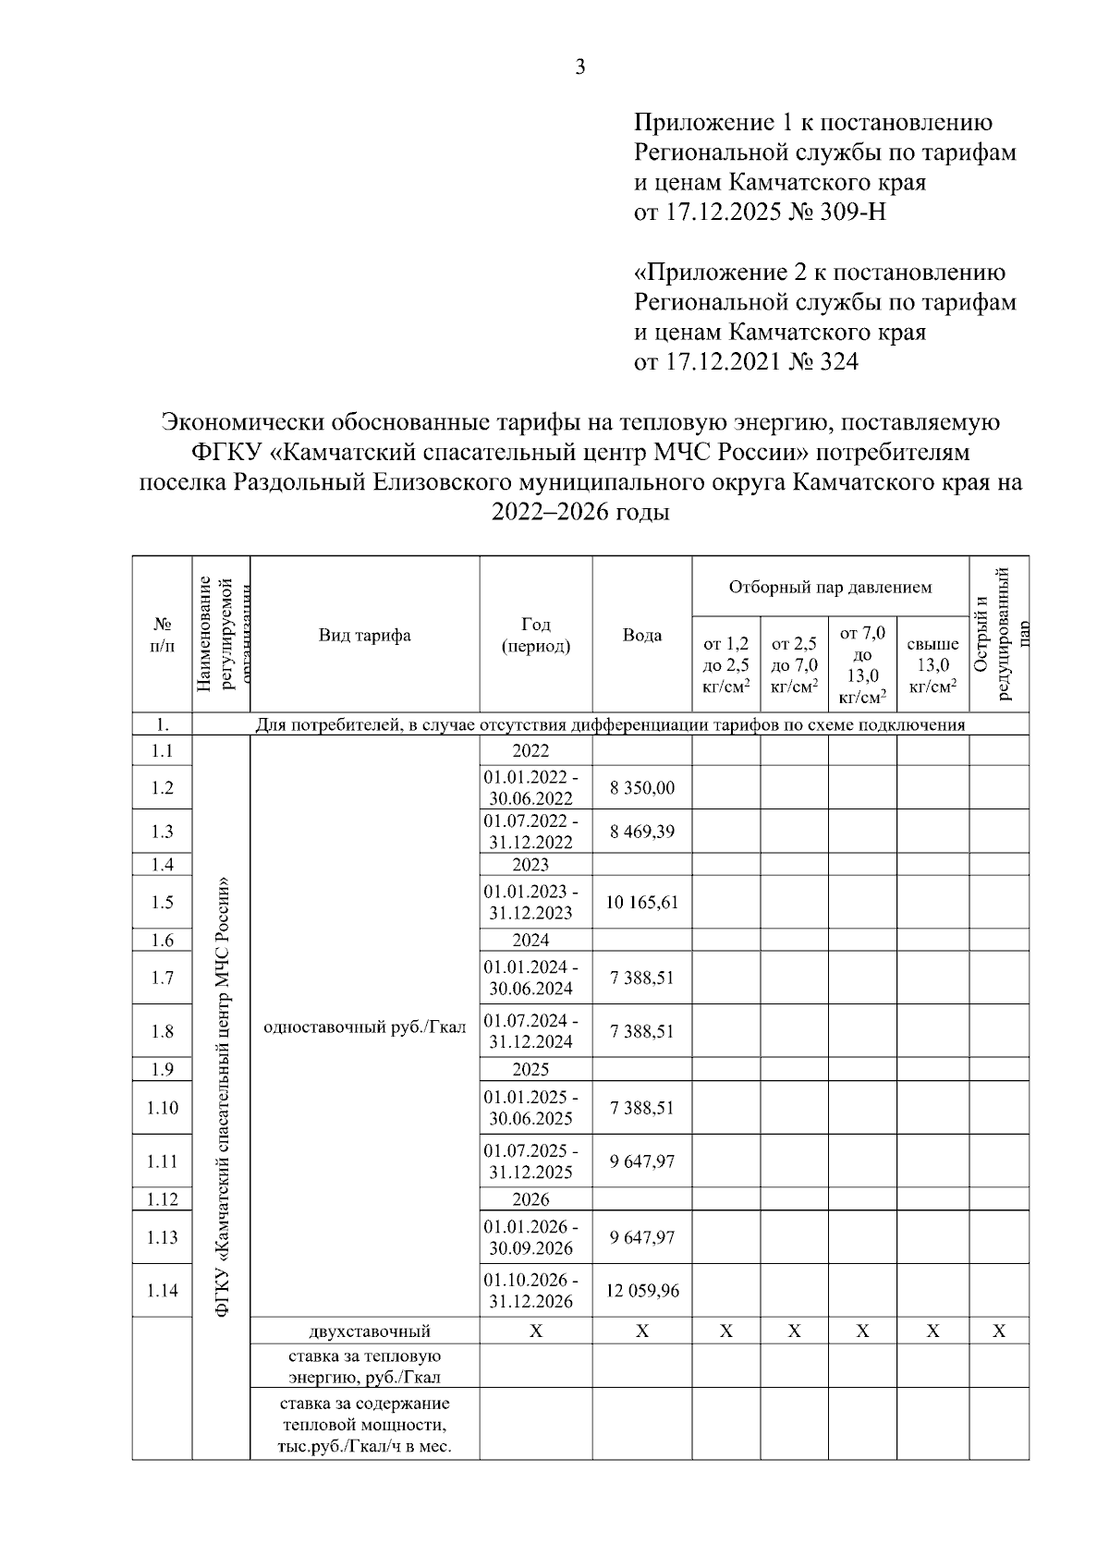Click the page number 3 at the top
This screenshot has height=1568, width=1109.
580,67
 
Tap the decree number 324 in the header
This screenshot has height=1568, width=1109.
837,362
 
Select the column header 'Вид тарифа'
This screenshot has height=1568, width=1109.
364,636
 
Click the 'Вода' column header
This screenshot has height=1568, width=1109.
641,636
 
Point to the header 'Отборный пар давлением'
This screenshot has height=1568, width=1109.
830,588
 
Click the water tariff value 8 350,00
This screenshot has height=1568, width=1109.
641,788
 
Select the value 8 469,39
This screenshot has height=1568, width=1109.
641,832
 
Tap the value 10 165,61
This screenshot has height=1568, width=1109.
641,902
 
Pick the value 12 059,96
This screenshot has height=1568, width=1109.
641,1291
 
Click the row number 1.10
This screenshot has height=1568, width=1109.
163,1108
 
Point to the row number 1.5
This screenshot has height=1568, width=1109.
163,902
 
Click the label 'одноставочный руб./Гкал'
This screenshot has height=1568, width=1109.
364,1027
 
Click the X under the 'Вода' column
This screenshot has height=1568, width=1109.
641,1331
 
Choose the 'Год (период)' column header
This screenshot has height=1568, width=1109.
535,636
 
